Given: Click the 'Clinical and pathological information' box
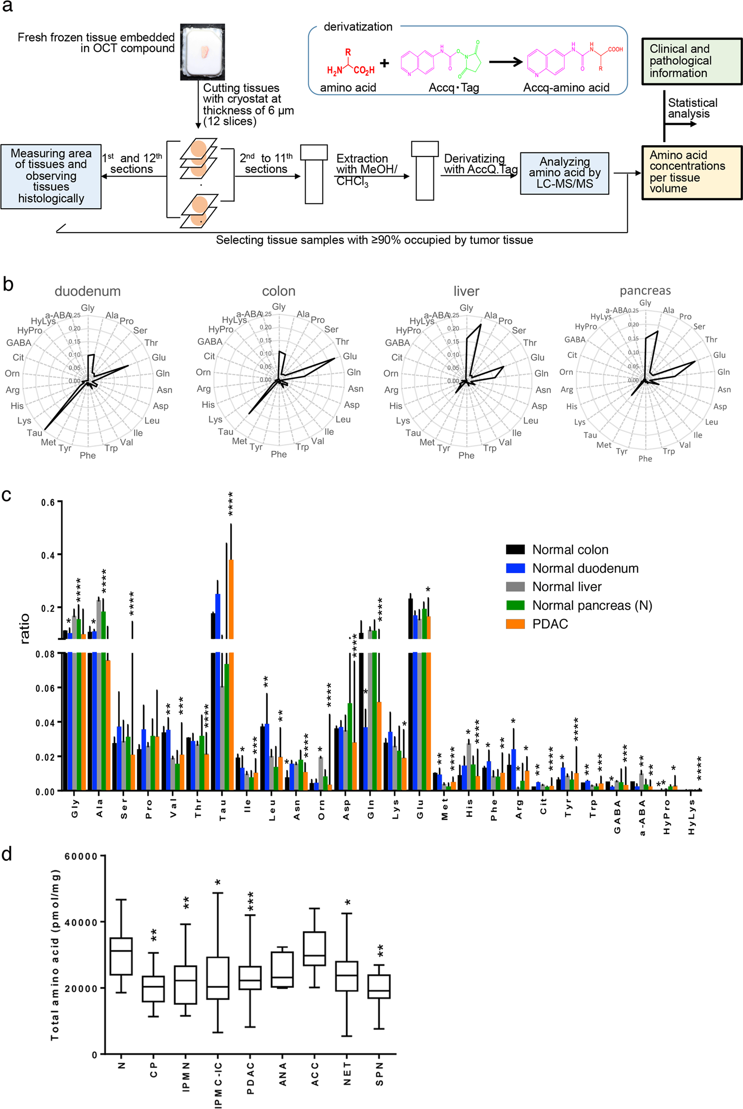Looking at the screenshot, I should click(691, 61).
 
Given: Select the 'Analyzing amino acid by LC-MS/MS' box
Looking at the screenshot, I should click(564, 173).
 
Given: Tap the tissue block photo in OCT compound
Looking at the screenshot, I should click(202, 52).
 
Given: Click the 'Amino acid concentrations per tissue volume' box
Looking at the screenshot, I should click(691, 172).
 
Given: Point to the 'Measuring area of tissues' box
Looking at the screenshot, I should click(51, 176).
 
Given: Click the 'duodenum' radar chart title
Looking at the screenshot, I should click(87, 291).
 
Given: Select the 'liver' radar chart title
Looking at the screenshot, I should click(466, 291).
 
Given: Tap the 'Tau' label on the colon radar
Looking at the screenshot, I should click(226, 431).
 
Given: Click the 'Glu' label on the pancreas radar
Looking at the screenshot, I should click(719, 355).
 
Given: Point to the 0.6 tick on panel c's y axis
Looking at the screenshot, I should click(48, 503).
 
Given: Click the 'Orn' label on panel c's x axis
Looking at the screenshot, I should click(322, 809).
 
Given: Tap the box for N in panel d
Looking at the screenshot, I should click(121, 956).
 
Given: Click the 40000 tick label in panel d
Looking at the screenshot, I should click(82, 922).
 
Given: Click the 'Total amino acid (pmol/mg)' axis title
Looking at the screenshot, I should click(55, 954).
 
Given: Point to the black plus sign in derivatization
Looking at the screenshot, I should click(384, 63).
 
